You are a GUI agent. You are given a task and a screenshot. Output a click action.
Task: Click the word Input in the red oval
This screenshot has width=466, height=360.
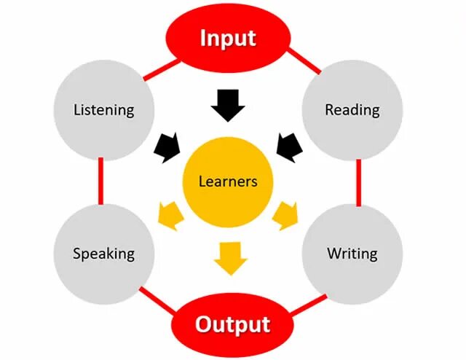pyautogui.click(x=228, y=38)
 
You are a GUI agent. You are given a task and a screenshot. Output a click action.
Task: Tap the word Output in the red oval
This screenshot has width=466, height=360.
pyautogui.click(x=232, y=324)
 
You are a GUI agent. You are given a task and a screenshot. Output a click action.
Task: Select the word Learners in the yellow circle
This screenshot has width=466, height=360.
pyautogui.click(x=229, y=181)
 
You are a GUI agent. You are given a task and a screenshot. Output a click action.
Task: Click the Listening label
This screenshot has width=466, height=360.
pyautogui.click(x=104, y=110)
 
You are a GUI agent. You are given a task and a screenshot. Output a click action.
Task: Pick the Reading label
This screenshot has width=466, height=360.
pyautogui.click(x=352, y=110)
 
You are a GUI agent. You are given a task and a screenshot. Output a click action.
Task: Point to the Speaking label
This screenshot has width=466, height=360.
pyautogui.click(x=104, y=254)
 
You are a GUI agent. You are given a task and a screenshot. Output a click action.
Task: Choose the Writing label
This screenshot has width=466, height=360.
pyautogui.click(x=352, y=254)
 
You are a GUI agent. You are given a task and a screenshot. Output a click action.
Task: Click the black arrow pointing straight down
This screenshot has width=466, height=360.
pyautogui.click(x=229, y=106)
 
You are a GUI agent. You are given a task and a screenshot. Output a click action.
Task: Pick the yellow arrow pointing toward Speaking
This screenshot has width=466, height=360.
pyautogui.click(x=170, y=216)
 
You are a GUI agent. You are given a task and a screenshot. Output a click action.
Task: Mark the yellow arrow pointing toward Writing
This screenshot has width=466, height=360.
pyautogui.click(x=286, y=216)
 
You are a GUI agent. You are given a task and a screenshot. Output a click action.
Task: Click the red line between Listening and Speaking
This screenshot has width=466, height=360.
pyautogui.click(x=100, y=181)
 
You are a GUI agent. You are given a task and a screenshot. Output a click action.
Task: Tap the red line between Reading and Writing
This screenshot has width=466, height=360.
pyautogui.click(x=358, y=181)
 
